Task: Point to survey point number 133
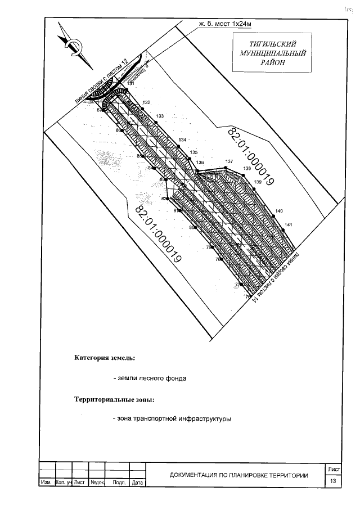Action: [160, 116]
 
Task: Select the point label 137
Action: [229, 161]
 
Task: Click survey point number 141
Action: [288, 225]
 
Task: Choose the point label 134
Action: [182, 139]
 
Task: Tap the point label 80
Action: [192, 227]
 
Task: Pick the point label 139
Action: [258, 182]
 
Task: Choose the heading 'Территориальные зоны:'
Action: [114, 400]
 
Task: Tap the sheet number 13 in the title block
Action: [334, 481]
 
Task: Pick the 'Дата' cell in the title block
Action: [137, 483]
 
